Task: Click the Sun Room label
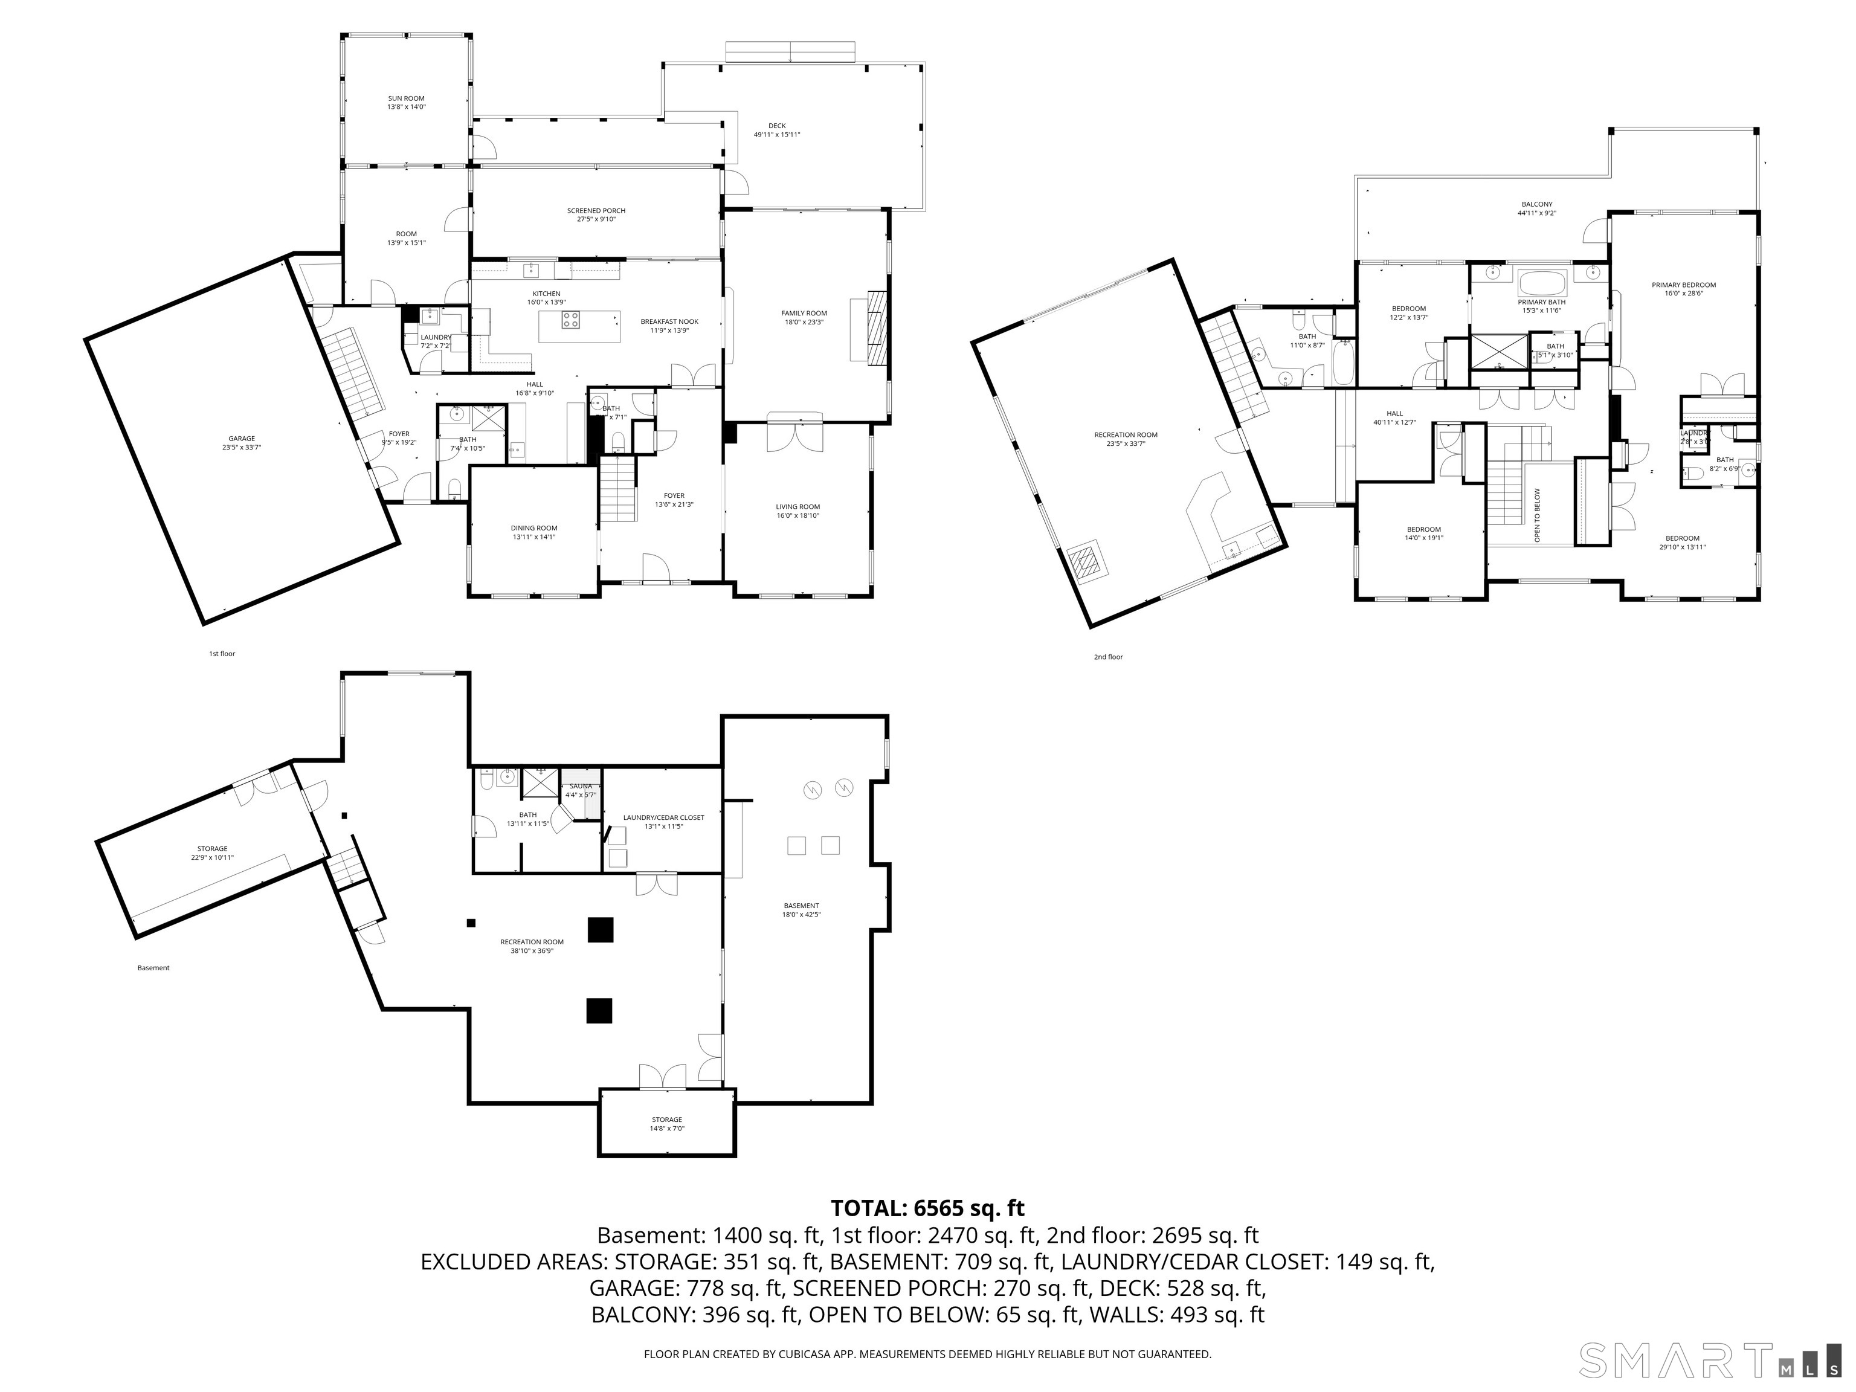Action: click(x=406, y=102)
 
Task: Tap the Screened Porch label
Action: click(x=596, y=215)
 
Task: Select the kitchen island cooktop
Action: click(x=570, y=320)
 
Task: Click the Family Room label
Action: click(x=804, y=317)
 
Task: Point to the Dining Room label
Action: click(x=533, y=532)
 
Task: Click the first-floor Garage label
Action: click(x=242, y=442)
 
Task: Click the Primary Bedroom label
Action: click(x=1683, y=289)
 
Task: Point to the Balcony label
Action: click(x=1536, y=208)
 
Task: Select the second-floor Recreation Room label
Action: click(x=1125, y=438)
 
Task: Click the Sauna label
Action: click(x=581, y=790)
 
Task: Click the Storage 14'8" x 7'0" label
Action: click(x=667, y=1124)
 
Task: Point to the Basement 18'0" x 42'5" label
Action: click(x=801, y=909)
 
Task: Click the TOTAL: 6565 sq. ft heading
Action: click(x=927, y=1208)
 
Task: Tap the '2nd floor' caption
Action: click(x=1107, y=657)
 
